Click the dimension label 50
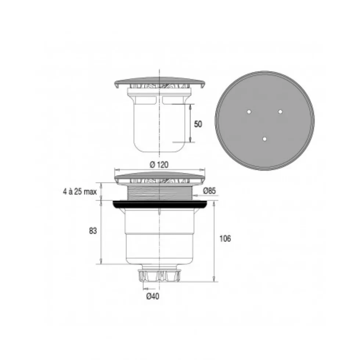tap(198, 124)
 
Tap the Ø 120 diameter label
tap(159, 165)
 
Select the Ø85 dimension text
tap(209, 190)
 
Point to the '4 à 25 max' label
tap(80, 192)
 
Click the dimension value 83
tap(93, 231)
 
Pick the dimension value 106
tap(225, 239)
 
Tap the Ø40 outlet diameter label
tap(153, 297)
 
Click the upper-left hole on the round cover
tap(249, 112)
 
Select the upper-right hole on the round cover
tap(280, 112)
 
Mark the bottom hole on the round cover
tap(264, 139)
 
